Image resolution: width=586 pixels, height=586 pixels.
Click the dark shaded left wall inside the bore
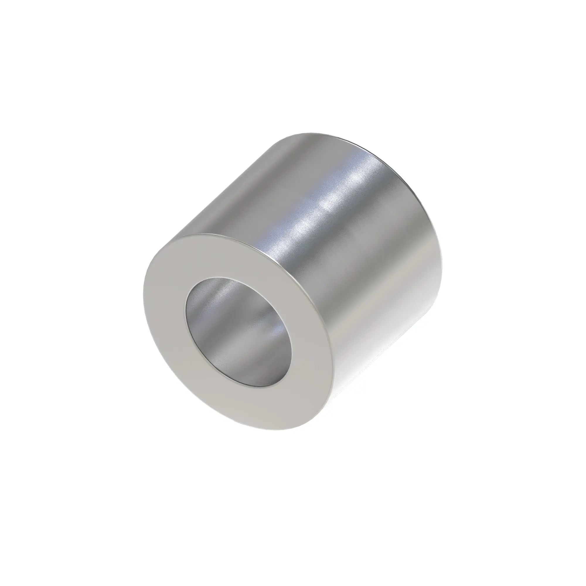[194, 312]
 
